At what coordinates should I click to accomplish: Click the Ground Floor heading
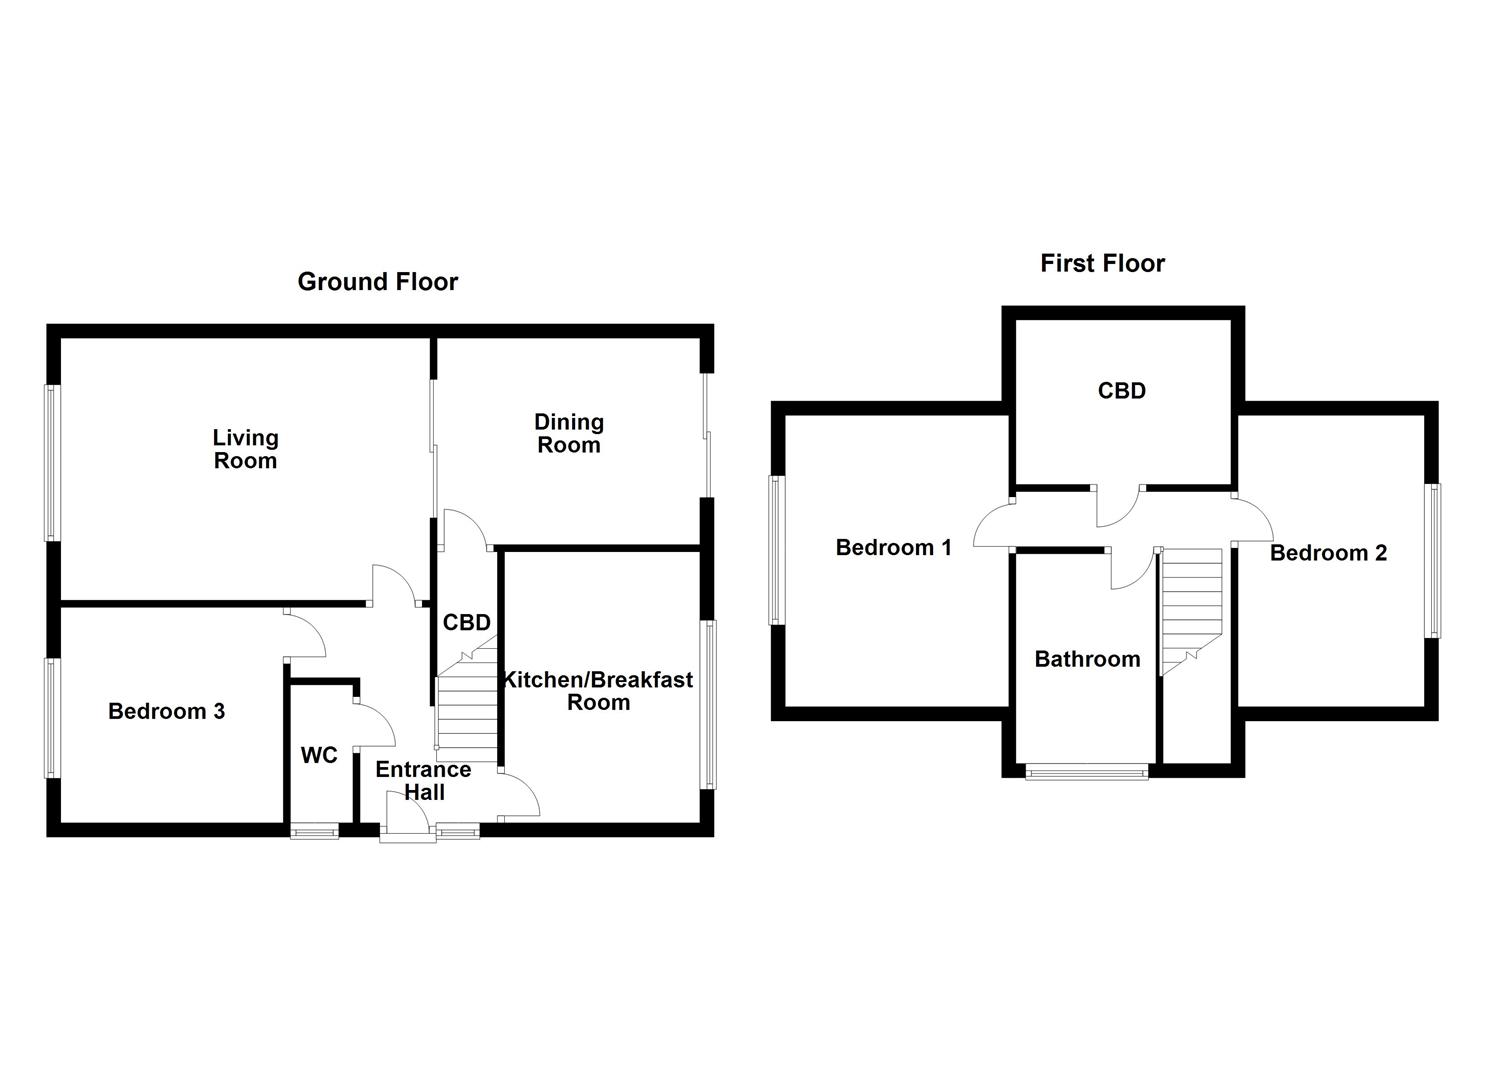[x=377, y=282]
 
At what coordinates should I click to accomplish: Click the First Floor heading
[x=1102, y=263]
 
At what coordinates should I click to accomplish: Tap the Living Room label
[x=245, y=449]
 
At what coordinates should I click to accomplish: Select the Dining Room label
[x=568, y=433]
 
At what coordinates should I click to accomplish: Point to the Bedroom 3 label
[x=166, y=711]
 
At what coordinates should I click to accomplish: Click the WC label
[x=319, y=755]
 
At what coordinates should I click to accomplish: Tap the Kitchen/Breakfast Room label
[x=598, y=690]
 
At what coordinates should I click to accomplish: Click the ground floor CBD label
[x=467, y=622]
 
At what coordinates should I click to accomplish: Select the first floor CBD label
[x=1121, y=391]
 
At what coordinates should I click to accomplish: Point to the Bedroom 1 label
[x=893, y=547]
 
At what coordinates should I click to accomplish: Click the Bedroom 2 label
[x=1328, y=553]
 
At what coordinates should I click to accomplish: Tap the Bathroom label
[x=1087, y=659]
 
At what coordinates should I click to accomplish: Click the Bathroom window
[x=1087, y=771]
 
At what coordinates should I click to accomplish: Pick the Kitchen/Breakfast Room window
[x=709, y=704]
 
